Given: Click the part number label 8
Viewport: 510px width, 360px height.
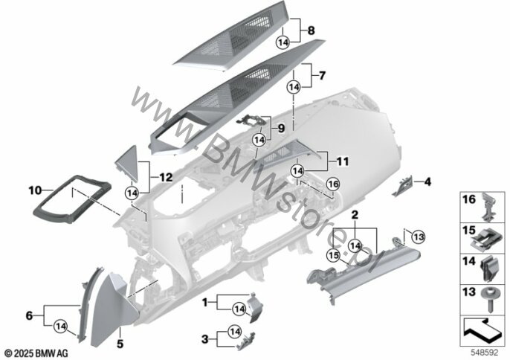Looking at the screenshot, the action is tap(311, 30).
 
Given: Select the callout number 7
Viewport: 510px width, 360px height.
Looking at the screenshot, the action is tap(322, 76).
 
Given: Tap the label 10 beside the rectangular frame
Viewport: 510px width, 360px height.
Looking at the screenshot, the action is tap(35, 190).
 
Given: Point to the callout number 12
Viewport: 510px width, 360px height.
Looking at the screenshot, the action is tap(166, 177).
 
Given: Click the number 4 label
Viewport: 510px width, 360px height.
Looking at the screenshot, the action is tap(427, 181).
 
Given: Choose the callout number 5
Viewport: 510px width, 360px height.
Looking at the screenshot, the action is tap(120, 344).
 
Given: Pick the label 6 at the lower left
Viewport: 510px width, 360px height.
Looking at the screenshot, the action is tap(29, 315).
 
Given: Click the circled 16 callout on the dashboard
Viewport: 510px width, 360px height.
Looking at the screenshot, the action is tap(333, 184).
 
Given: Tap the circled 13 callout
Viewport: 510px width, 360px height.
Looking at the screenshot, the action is tap(419, 237).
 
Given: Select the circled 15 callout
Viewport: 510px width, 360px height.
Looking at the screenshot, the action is tap(334, 255).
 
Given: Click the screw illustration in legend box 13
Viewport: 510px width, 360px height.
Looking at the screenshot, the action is tap(489, 300).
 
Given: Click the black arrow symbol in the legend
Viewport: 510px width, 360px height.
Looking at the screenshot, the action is tap(482, 331).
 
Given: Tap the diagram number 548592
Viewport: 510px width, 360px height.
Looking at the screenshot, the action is tap(485, 353).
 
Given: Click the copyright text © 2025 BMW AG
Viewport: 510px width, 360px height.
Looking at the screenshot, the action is tap(36, 353).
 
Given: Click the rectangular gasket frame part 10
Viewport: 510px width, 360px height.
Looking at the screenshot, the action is tap(72, 199).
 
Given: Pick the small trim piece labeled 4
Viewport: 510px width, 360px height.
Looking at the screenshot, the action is tap(403, 187).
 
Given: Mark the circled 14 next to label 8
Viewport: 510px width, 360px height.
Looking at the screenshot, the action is tap(283, 42).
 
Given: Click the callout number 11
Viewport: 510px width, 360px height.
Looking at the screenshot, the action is tap(342, 161).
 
